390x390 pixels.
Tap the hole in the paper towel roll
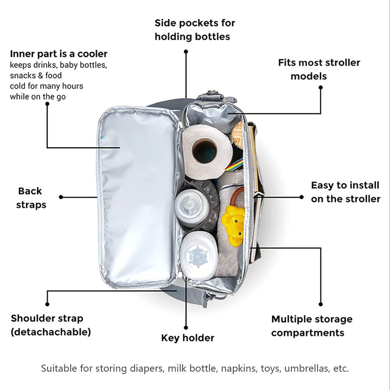(x=205, y=151)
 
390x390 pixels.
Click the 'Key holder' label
(x=188, y=338)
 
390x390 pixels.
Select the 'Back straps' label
(x=30, y=198)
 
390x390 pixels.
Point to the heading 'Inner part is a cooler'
(x=58, y=54)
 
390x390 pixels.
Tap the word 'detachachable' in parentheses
(x=51, y=332)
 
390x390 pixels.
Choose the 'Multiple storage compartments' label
(x=312, y=326)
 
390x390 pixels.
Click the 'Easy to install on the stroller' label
(x=345, y=191)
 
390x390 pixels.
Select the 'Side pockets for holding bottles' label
(x=195, y=30)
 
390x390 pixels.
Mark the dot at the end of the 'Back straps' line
(x=61, y=197)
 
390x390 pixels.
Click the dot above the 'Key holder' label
(x=186, y=328)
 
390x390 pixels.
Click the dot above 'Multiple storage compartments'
(x=321, y=304)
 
